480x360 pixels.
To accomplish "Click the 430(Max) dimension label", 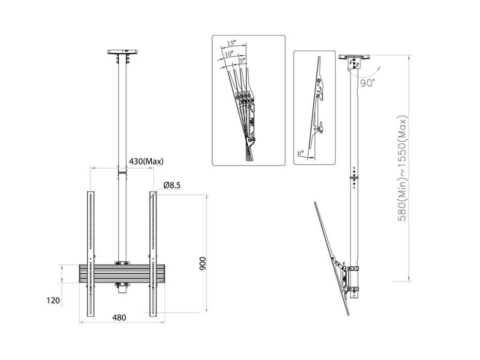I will (146, 161).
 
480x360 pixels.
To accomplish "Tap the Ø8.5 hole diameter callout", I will (172, 185).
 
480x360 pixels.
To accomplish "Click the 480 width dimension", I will (119, 318).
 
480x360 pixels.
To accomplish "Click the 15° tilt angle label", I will (231, 43).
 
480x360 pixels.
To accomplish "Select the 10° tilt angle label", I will (228, 53).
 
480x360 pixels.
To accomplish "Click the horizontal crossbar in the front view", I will (122, 273).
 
